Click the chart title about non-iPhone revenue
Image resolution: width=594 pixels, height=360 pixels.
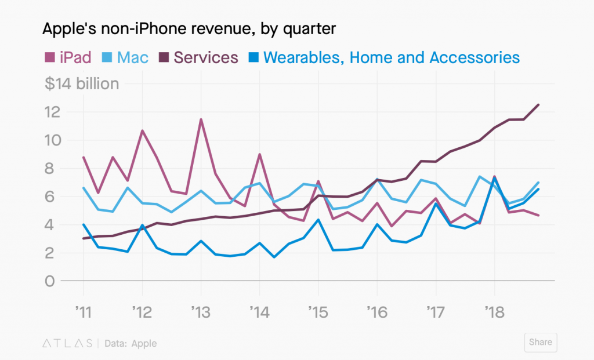[189, 28]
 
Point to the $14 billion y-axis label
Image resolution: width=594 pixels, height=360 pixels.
[82, 84]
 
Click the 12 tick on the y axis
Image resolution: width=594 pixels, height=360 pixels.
[53, 112]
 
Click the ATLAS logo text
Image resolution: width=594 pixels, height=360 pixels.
[67, 343]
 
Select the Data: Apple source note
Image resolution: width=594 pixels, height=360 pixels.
[131, 343]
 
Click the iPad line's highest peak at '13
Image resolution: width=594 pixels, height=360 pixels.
[201, 119]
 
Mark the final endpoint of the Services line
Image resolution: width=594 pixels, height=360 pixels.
[539, 105]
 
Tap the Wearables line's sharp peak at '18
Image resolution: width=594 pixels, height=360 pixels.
[494, 178]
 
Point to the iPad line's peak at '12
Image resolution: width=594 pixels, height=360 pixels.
[142, 130]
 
